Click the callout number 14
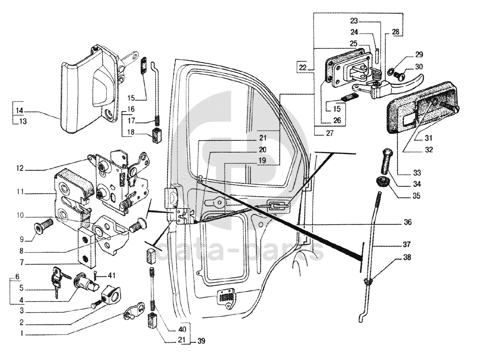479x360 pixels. (19, 111)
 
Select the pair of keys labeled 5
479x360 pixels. (57, 280)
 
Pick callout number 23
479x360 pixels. (354, 21)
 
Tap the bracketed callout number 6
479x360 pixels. (18, 276)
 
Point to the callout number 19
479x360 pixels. (261, 160)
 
